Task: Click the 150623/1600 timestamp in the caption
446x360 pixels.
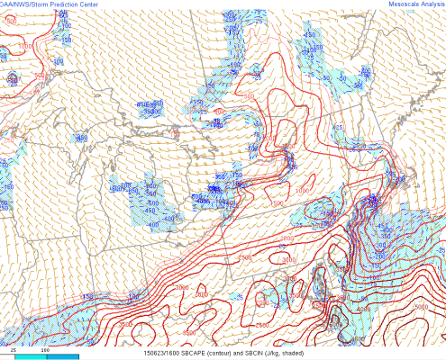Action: pyautogui.click(x=163, y=354)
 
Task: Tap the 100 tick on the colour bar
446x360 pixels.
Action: pyautogui.click(x=45, y=348)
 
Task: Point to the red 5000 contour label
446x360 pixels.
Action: pyautogui.click(x=420, y=306)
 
